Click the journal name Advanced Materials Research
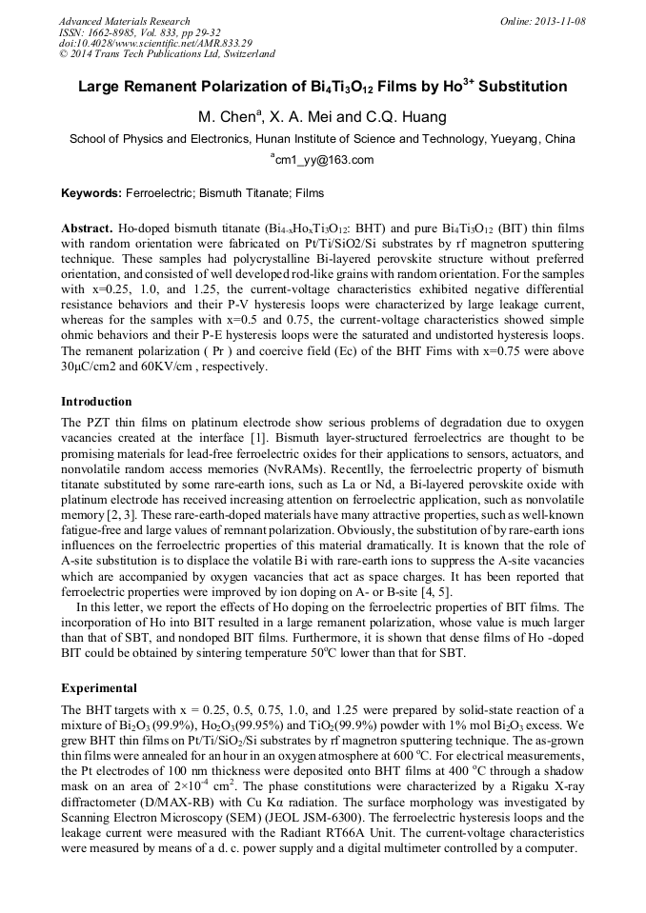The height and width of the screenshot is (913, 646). pyautogui.click(x=124, y=21)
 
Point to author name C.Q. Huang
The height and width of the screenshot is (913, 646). pyautogui.click(x=404, y=117)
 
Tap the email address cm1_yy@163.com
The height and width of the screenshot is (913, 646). pyautogui.click(x=325, y=160)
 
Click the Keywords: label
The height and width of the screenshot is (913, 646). pyautogui.click(x=91, y=193)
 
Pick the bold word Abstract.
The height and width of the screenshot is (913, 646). pyautogui.click(x=87, y=230)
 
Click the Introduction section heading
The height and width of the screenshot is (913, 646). pyautogui.click(x=96, y=402)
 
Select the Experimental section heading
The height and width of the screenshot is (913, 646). pyautogui.click(x=99, y=687)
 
